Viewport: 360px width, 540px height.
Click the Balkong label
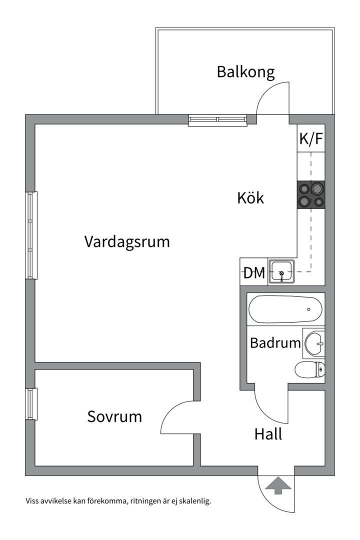pos(245,72)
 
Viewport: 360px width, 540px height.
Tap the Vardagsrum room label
pos(127,242)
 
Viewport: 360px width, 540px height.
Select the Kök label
pos(250,198)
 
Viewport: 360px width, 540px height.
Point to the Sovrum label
pos(114,416)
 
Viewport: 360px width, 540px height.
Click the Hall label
pos(268,434)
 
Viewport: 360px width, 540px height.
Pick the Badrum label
pos(275,343)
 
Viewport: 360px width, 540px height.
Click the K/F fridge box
pos(311,139)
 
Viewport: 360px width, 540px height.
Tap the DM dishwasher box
pos(254,273)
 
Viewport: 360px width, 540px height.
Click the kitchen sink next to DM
pos(281,271)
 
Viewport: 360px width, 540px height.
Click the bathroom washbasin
pos(314,343)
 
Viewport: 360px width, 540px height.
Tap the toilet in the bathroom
pos(310,370)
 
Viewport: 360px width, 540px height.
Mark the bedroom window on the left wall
pos(31,404)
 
